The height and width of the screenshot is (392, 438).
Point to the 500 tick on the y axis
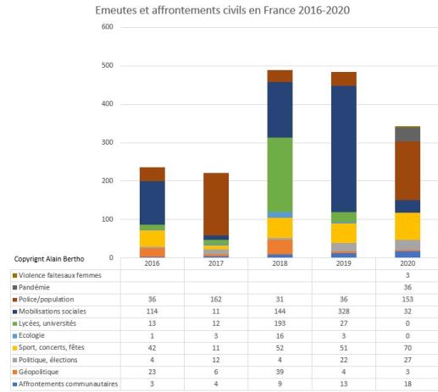pos(108,66)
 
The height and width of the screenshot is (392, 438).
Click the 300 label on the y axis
pos(108,143)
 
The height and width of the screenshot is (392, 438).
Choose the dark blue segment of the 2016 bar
pos(152,202)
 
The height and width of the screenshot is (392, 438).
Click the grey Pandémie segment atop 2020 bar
pos(407,134)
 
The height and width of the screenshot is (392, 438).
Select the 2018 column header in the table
pos(280,263)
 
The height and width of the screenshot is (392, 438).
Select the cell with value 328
pos(343,312)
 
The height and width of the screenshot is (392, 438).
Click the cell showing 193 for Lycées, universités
pos(280,324)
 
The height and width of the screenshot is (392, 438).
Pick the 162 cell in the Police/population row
pos(216,300)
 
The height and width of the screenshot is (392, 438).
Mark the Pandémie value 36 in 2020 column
pos(407,287)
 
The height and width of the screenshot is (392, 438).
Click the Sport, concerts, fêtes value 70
pos(407,348)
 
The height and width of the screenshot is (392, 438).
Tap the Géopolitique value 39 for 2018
pos(280,373)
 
